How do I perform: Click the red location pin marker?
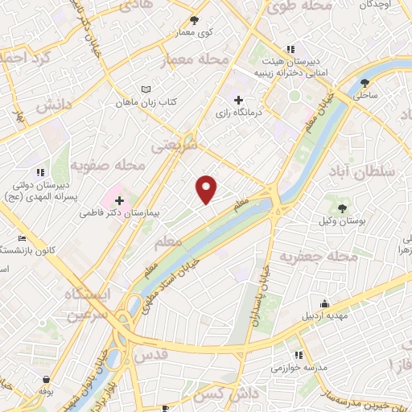click(207, 189)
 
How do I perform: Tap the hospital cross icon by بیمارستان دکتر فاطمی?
click(119, 200)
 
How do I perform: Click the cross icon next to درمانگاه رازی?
click(237, 101)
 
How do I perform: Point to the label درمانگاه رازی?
click(237, 114)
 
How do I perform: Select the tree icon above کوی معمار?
click(193, 20)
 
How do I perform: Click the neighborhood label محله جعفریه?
click(318, 257)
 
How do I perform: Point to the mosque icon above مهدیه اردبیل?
click(324, 304)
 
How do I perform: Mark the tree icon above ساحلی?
click(365, 82)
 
